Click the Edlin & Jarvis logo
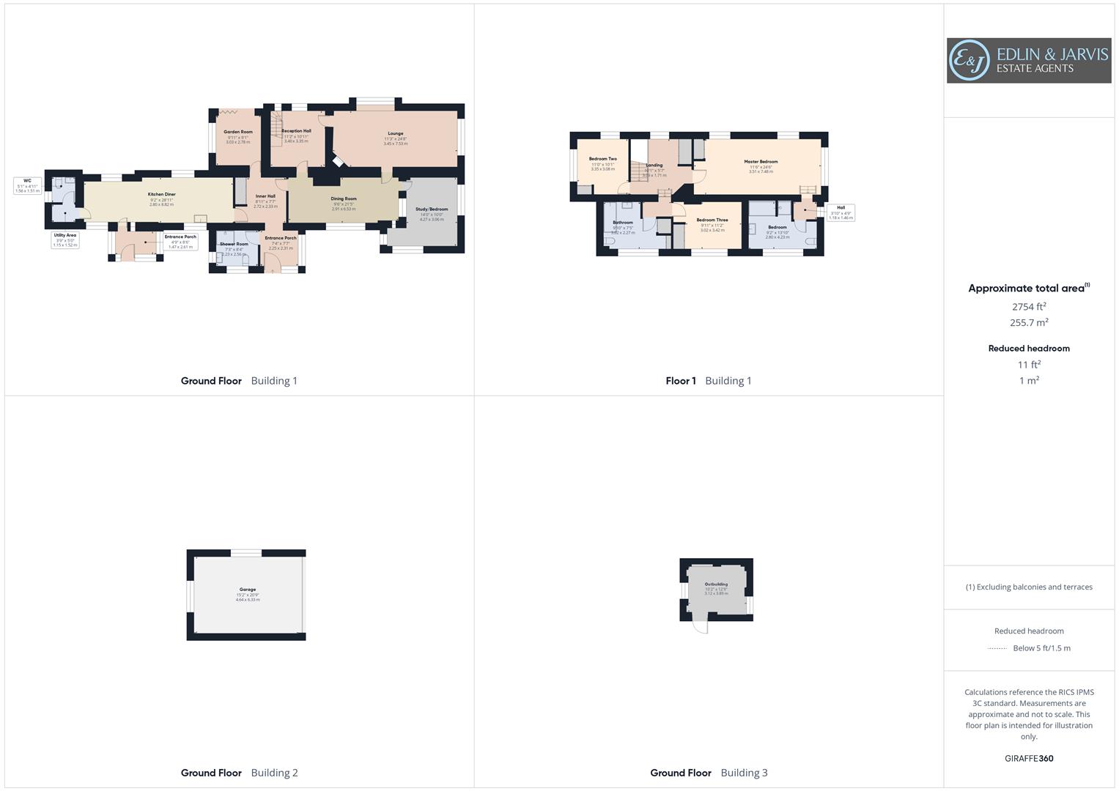[1028, 61]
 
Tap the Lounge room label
[395, 134]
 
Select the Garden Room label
[238, 133]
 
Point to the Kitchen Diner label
[161, 195]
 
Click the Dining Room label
[344, 199]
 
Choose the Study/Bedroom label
[432, 209]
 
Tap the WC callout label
[27, 181]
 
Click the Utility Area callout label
[65, 236]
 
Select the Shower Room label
[234, 244]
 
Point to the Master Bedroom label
[761, 162]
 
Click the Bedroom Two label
[602, 159]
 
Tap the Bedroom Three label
[712, 220]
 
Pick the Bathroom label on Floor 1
[623, 223]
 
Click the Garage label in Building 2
[248, 590]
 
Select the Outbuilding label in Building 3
[716, 584]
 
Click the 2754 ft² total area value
[1029, 307]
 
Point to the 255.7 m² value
[1029, 323]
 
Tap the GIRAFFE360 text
[1029, 759]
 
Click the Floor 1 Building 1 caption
[708, 381]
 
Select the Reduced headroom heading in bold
[1029, 349]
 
